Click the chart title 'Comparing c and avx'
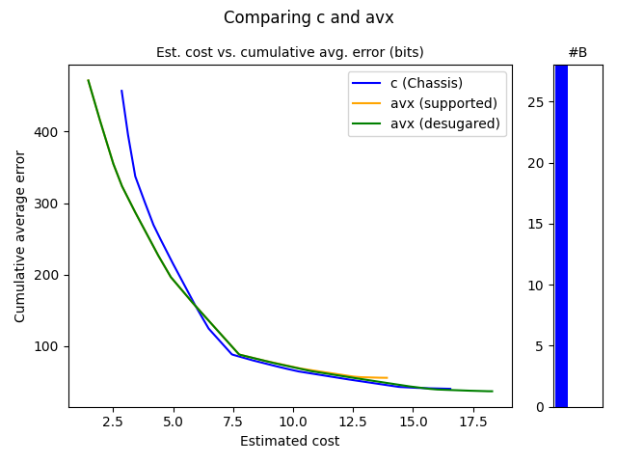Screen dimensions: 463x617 point(308,17)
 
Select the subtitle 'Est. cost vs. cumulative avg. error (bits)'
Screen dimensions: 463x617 point(289,52)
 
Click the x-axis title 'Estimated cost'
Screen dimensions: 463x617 point(289,442)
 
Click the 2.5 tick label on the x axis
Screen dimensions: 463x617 point(114,422)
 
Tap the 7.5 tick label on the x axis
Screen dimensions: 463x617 point(233,422)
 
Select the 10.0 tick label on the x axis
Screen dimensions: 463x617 point(293,422)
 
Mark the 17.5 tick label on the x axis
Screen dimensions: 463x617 point(472,422)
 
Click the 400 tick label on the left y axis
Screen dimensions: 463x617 point(48,131)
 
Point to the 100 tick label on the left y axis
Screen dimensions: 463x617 point(48,346)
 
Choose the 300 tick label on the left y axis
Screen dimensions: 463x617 point(48,204)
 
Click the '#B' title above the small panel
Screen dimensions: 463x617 point(577,52)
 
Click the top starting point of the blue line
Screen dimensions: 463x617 point(121,91)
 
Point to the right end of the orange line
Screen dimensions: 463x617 point(387,378)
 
